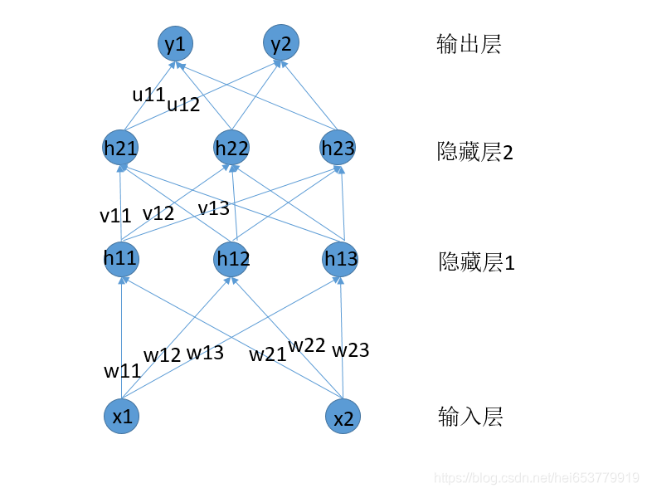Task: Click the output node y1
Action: (175, 44)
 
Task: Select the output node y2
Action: (281, 43)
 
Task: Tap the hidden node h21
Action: (120, 148)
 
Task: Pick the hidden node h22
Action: (231, 148)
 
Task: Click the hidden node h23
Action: (337, 148)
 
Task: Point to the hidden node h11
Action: (120, 258)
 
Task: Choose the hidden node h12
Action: (232, 259)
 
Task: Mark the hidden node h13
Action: (340, 259)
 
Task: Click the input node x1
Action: (122, 417)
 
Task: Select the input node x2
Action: (343, 418)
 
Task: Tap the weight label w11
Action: (121, 371)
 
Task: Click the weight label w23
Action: (350, 350)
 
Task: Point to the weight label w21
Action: (268, 355)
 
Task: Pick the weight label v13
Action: (213, 207)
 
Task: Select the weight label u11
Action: (149, 95)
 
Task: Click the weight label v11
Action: (115, 216)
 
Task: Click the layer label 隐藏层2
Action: (475, 152)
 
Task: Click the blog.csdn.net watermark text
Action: (537, 478)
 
